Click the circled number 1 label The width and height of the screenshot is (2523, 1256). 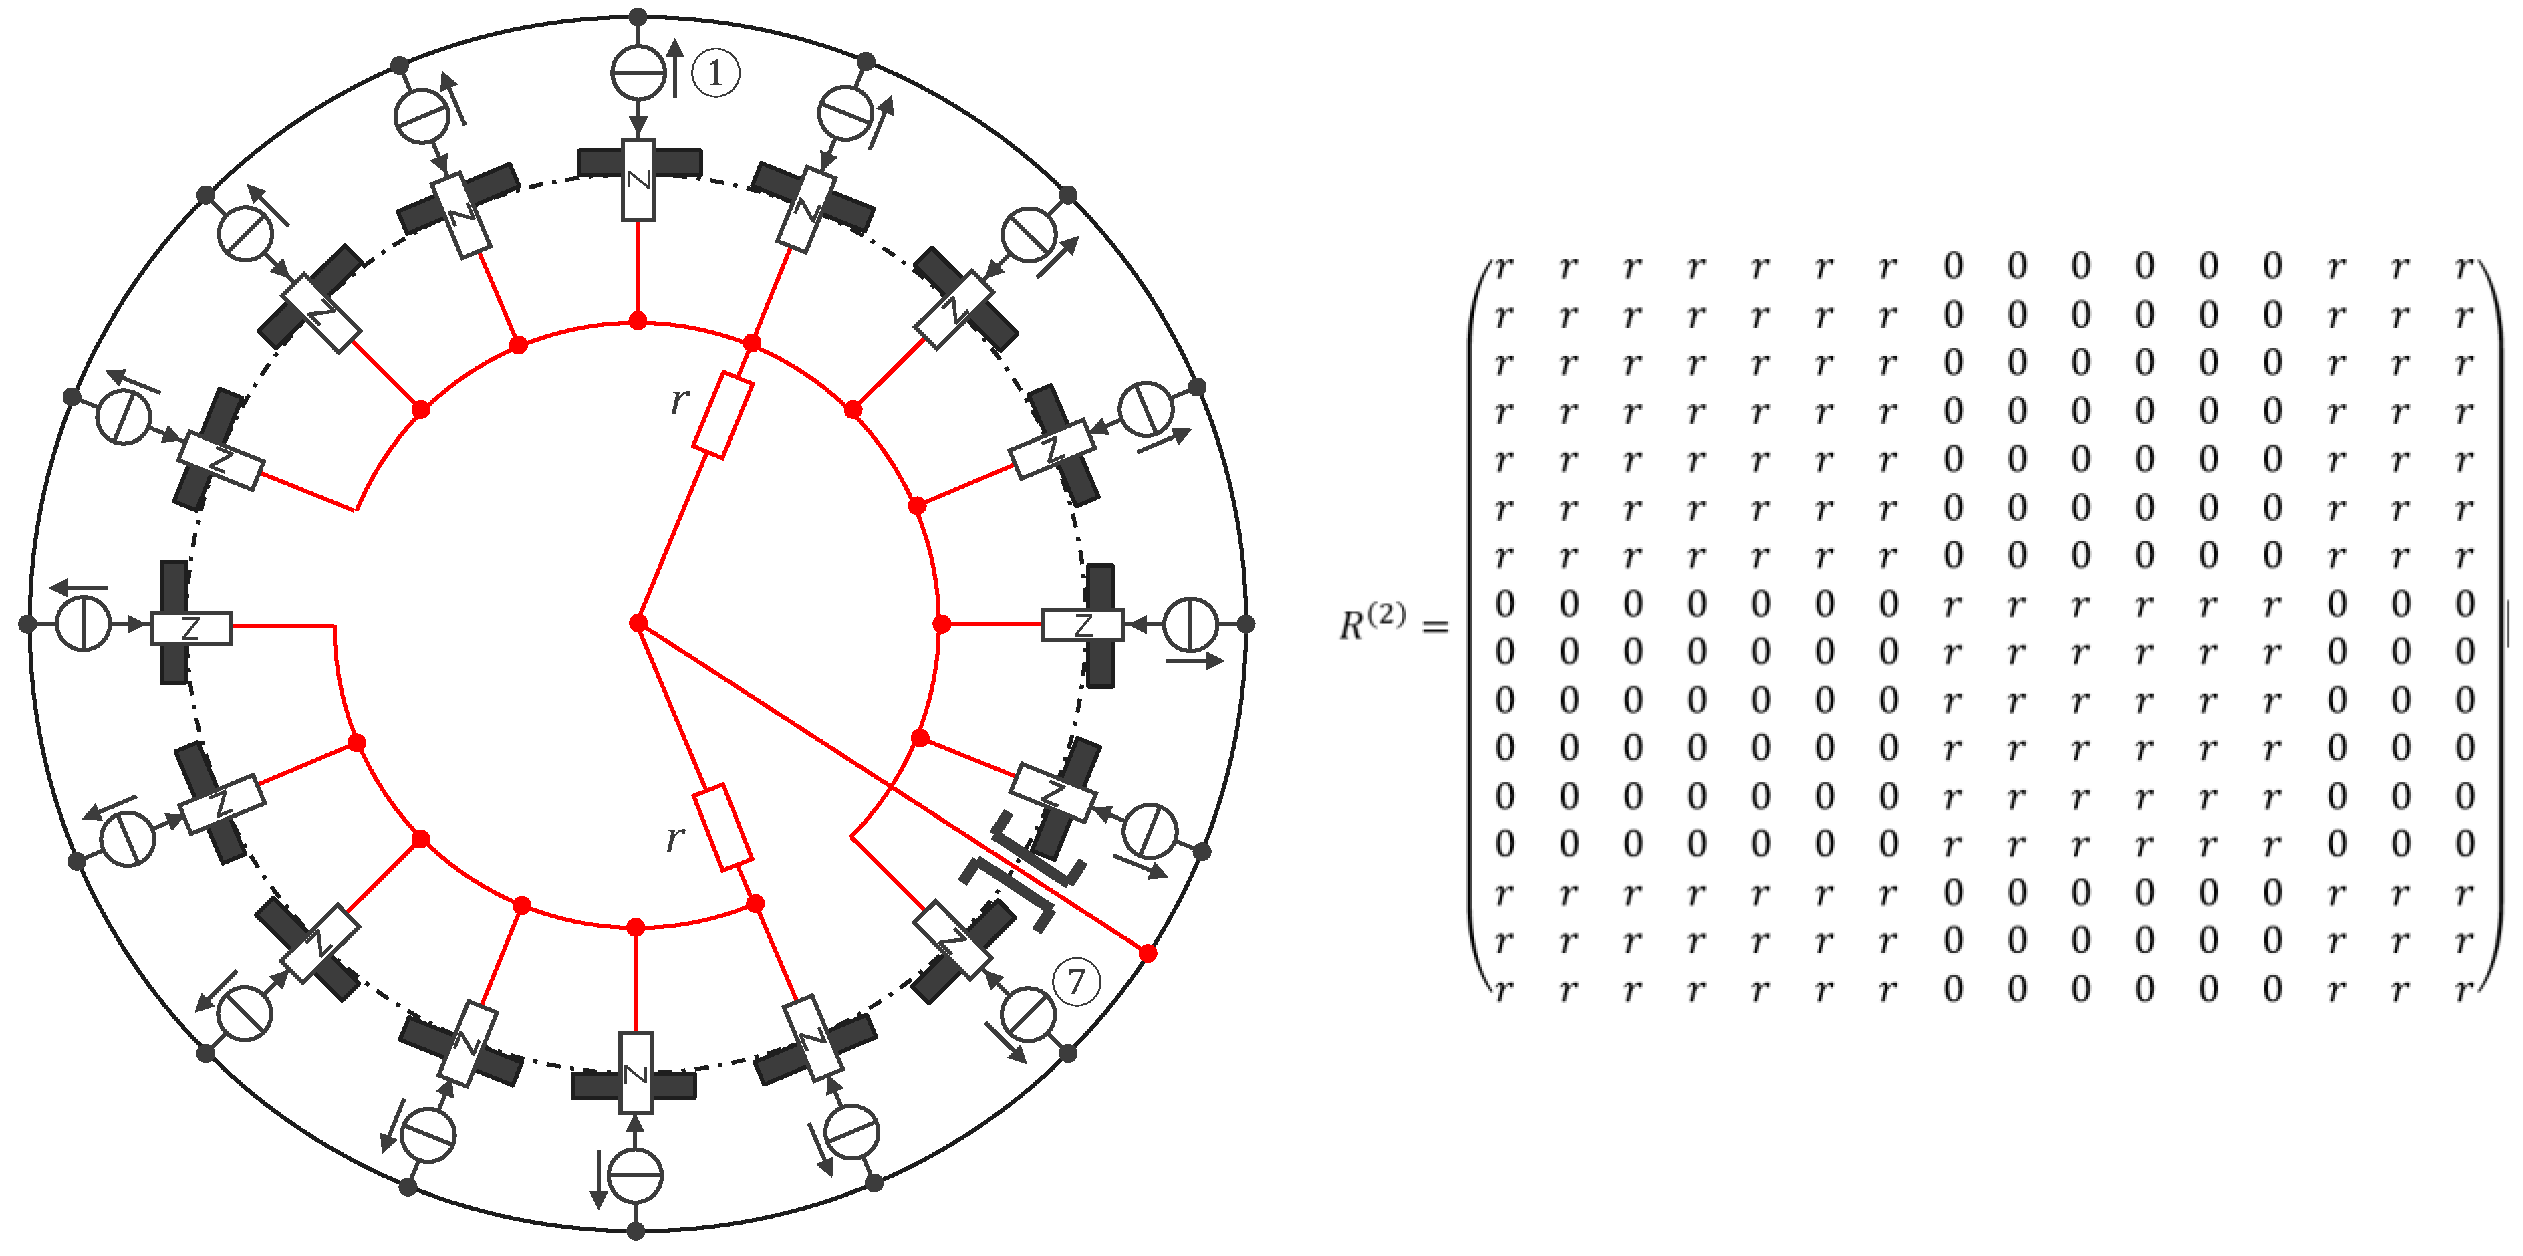pos(715,72)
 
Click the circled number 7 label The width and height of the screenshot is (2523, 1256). pos(1077,981)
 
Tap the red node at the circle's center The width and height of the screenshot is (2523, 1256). pos(638,623)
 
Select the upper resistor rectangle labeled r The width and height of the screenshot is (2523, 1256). pos(723,415)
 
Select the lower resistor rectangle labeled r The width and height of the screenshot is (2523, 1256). pos(723,827)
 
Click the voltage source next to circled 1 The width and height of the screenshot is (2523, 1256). pos(638,72)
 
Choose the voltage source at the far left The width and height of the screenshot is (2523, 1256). pos(84,623)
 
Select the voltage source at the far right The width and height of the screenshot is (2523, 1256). pos(1190,623)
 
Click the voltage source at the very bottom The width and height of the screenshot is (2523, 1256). pos(636,1176)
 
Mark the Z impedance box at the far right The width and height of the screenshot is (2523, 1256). pos(1082,625)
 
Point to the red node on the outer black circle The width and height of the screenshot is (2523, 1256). pos(1148,953)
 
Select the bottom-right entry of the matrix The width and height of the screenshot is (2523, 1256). pos(2464,991)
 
